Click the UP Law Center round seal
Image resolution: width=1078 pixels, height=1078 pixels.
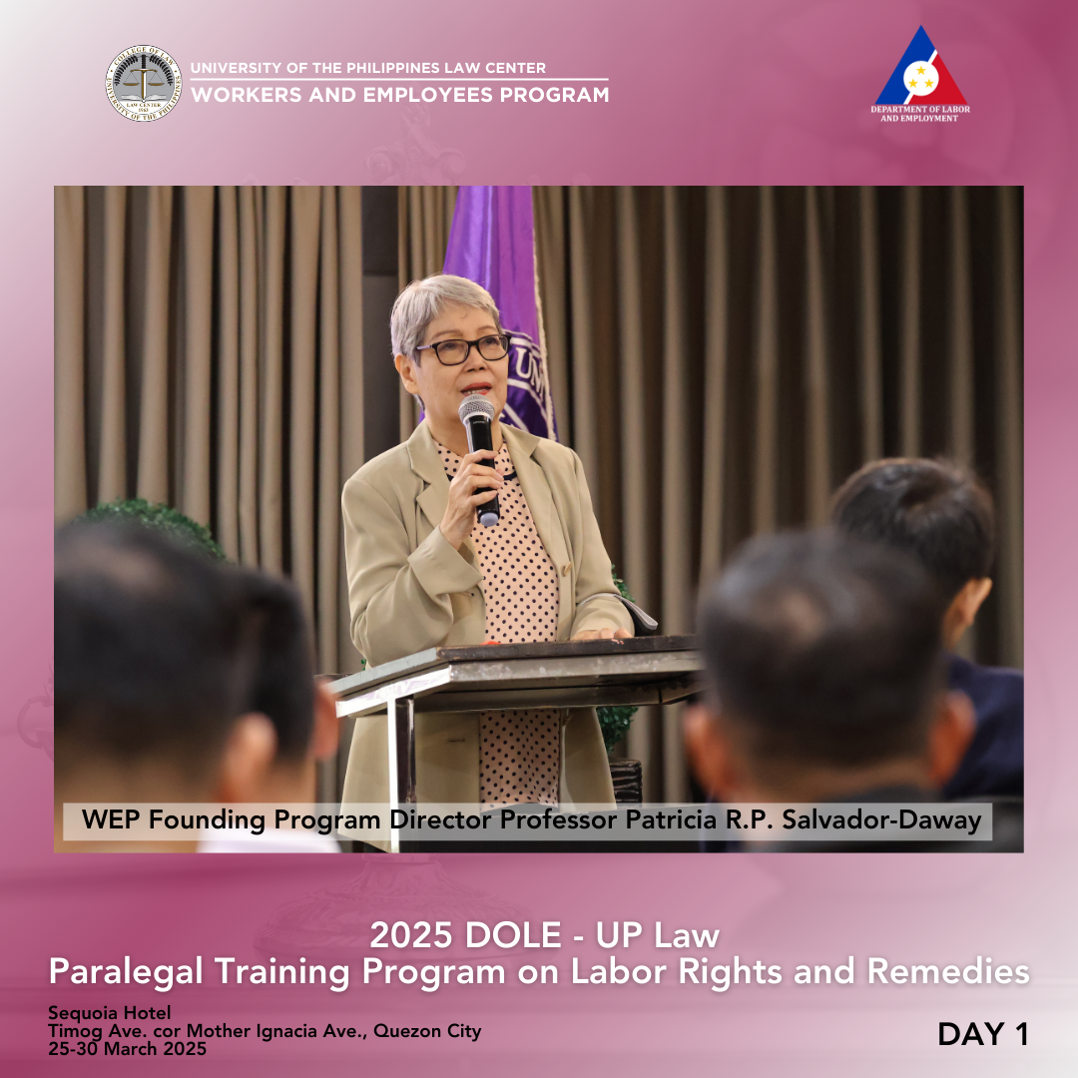(144, 83)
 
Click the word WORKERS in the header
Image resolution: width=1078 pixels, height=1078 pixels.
(247, 95)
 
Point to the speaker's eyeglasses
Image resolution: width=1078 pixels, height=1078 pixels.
(463, 349)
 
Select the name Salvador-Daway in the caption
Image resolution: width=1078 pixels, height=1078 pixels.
(881, 820)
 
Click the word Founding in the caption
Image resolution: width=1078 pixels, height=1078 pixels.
(207, 820)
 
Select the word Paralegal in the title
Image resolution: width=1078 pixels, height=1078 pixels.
(127, 972)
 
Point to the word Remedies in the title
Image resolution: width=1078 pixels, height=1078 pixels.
(948, 972)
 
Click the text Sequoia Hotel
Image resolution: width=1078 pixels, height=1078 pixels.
(110, 1013)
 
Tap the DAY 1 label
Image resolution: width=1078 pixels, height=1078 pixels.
(983, 1034)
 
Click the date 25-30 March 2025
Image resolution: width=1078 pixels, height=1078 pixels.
(127, 1048)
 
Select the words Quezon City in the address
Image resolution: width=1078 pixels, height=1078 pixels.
(427, 1031)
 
